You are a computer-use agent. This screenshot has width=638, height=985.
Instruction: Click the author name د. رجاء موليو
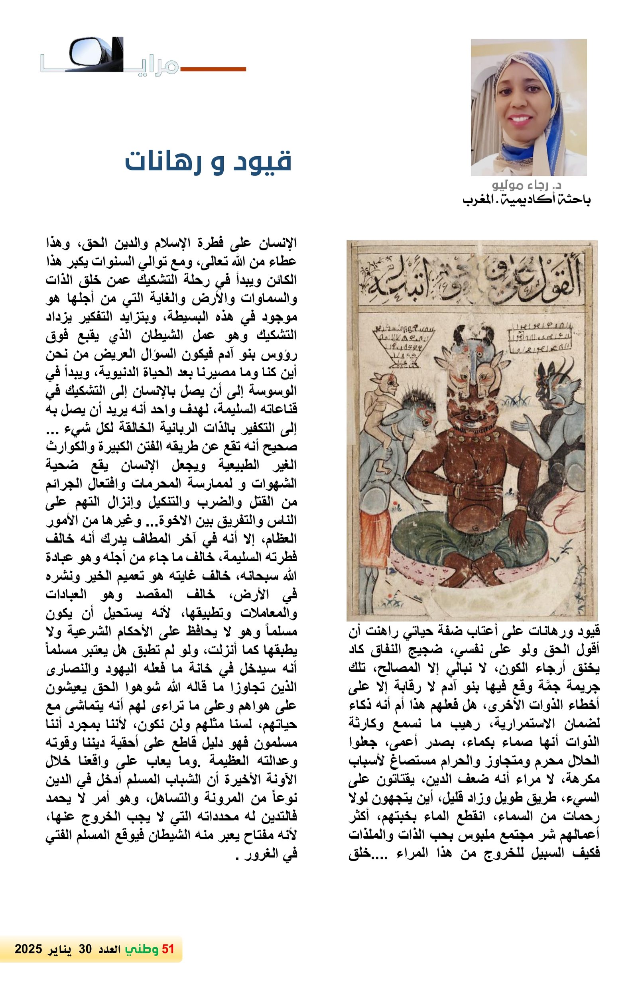(526, 185)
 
